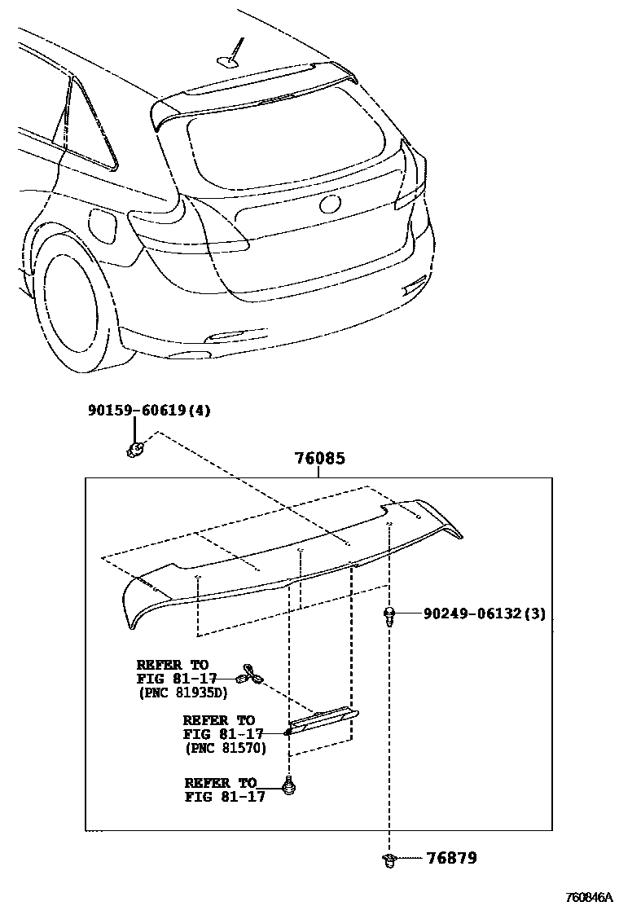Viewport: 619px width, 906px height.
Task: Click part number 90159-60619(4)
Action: click(149, 411)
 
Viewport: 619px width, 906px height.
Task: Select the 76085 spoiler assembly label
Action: click(319, 460)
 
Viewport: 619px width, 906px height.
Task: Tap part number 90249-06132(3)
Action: click(484, 613)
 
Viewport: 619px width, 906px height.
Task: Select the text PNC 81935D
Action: click(182, 693)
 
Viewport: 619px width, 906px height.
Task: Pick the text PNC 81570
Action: click(226, 748)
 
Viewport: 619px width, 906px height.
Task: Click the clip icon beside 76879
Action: click(389, 859)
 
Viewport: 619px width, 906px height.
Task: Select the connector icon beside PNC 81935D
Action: click(249, 675)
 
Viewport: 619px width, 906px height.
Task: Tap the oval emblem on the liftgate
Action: click(331, 204)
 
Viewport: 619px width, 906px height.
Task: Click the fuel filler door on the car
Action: click(100, 223)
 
